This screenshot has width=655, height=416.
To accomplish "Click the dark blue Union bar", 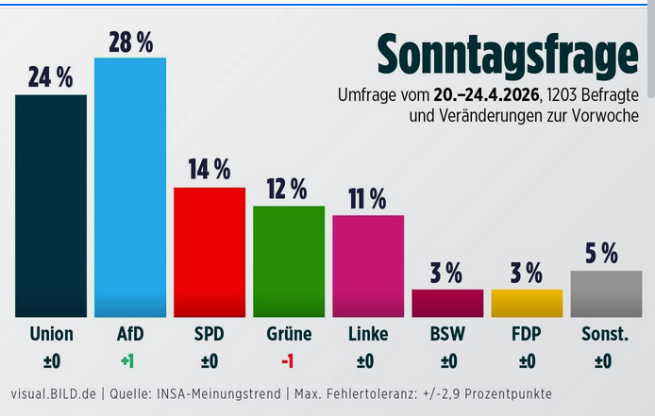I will click(51, 206).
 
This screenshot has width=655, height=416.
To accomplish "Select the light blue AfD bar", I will click(130, 187).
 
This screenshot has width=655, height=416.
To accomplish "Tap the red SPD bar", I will click(210, 252).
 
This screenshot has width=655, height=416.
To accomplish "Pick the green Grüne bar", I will click(289, 261).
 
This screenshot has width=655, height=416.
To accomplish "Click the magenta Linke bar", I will click(368, 266).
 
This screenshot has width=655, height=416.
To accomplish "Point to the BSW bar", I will click(447, 303).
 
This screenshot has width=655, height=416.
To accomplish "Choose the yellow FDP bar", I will click(527, 303).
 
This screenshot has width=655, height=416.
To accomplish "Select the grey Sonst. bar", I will click(606, 293).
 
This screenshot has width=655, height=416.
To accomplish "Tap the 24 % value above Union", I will click(51, 77).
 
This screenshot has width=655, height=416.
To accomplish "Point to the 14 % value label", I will click(210, 170).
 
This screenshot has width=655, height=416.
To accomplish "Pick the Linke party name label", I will click(368, 334).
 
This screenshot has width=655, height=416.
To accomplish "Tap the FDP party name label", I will click(527, 334).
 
